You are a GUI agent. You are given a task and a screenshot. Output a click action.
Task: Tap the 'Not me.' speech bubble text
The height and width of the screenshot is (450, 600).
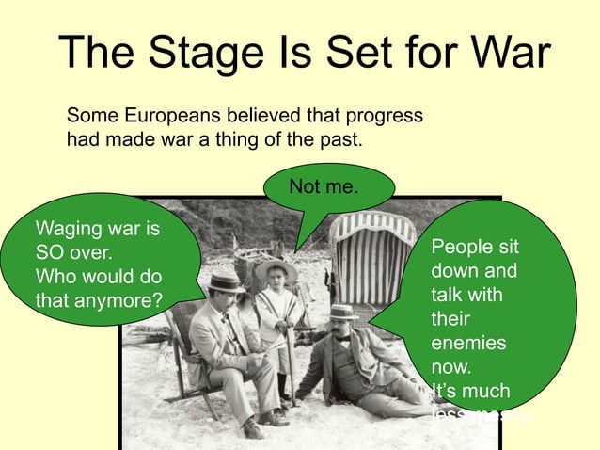[323, 187]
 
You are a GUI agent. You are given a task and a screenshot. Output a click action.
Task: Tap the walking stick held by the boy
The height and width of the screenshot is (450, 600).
[292, 372]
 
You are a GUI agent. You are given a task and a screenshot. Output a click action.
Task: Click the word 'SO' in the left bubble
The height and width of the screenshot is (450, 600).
[51, 253]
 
